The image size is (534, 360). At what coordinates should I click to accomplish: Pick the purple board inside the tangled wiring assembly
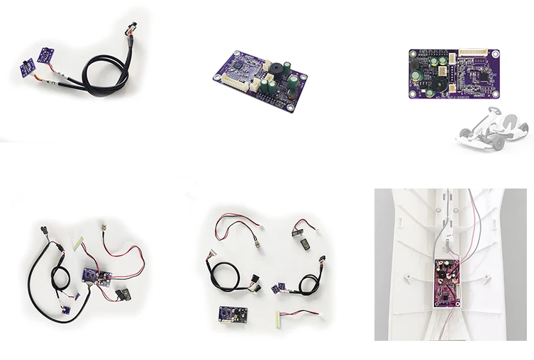(x=93, y=275)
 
